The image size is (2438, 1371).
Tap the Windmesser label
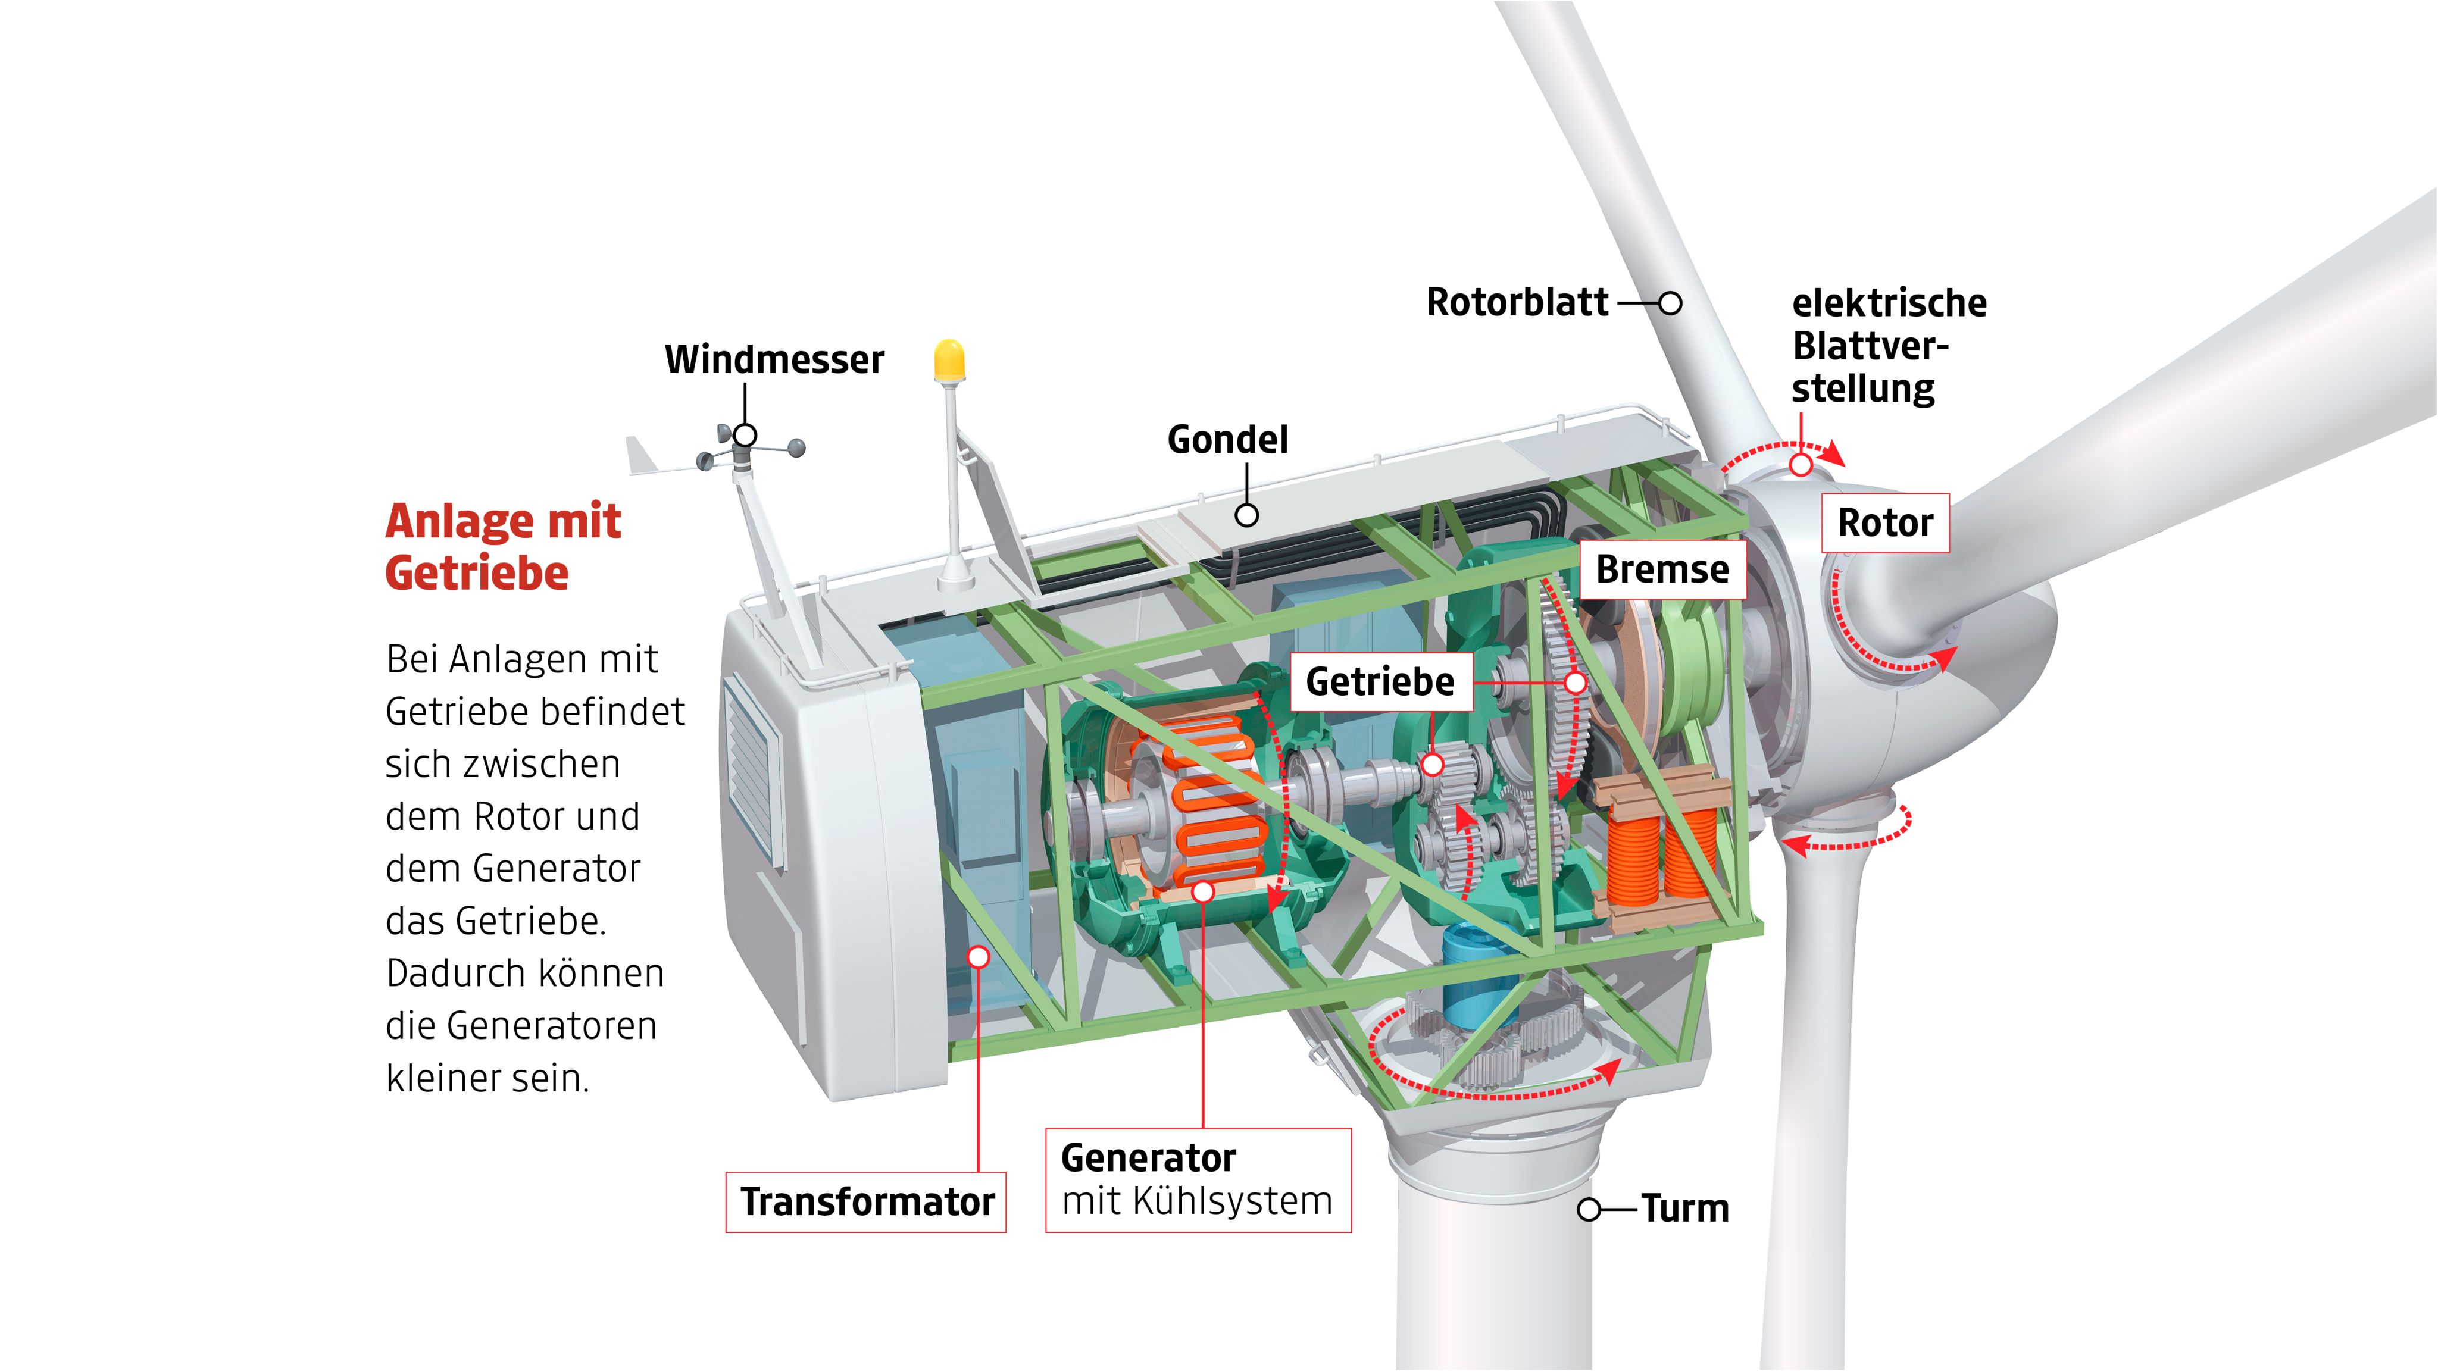click(774, 359)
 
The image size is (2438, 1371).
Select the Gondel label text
click(1227, 440)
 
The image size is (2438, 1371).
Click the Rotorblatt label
click(1517, 303)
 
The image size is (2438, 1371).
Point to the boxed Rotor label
click(1885, 523)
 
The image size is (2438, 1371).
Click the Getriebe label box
click(1381, 682)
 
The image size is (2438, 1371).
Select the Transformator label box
click(866, 1201)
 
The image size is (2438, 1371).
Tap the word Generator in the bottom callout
click(1148, 1158)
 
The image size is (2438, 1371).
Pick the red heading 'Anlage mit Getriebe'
click(502, 547)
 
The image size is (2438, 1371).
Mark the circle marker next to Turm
click(1590, 1209)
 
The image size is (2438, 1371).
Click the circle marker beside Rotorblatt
click(1670, 303)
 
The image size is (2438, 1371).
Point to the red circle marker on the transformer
click(979, 957)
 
